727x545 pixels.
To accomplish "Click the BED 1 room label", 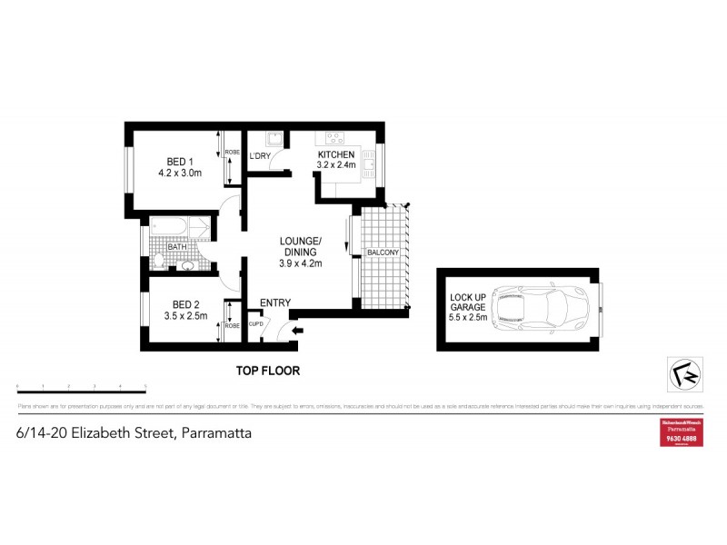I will (x=178, y=162).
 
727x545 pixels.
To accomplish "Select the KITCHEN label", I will (x=335, y=155).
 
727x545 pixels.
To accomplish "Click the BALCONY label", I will (x=380, y=253).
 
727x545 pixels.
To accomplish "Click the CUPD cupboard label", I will (x=256, y=324).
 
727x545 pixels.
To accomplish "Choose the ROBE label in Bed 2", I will (x=231, y=325).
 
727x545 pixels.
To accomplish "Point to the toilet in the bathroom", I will (x=159, y=262).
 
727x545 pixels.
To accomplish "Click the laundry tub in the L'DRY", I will (x=272, y=140).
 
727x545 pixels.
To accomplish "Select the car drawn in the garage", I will (x=530, y=307).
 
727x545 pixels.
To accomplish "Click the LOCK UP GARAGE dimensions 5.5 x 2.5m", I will (x=469, y=318).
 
